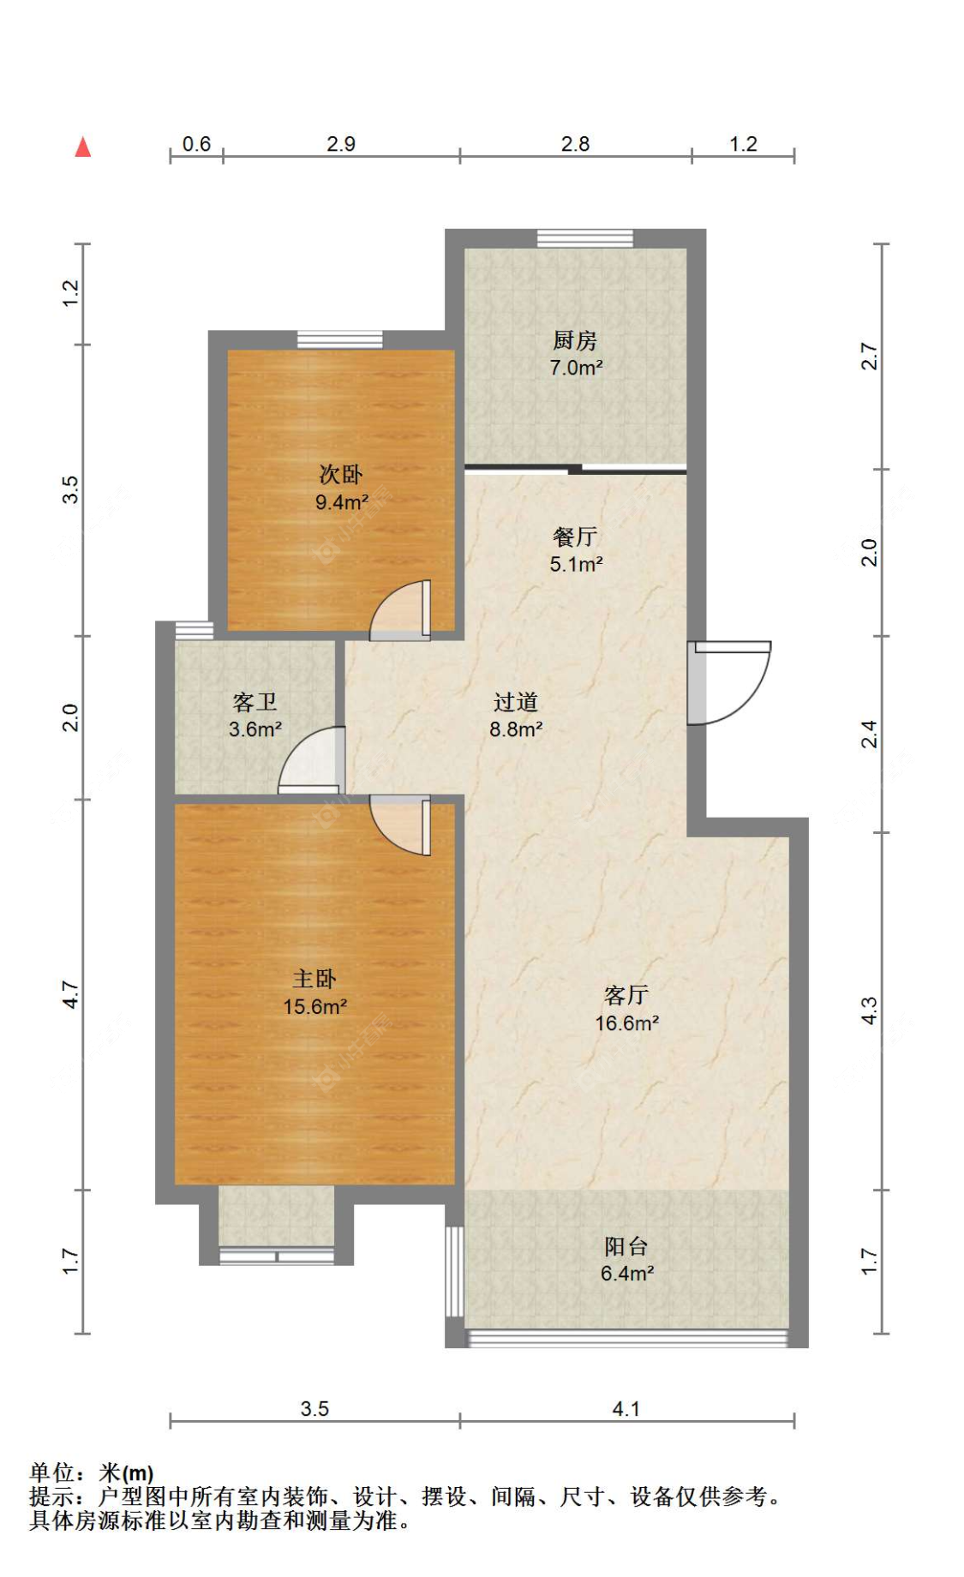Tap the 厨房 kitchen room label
click(574, 340)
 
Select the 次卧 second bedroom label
click(341, 474)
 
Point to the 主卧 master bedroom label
click(314, 979)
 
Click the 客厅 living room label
click(626, 995)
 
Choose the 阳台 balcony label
click(626, 1246)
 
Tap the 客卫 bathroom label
click(255, 703)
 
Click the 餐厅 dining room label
click(575, 537)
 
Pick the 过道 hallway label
click(516, 703)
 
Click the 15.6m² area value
click(315, 1007)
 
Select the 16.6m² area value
click(627, 1023)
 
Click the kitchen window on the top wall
click(585, 238)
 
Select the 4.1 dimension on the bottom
click(626, 1409)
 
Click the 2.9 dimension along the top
click(341, 144)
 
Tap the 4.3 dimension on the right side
click(869, 1011)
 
